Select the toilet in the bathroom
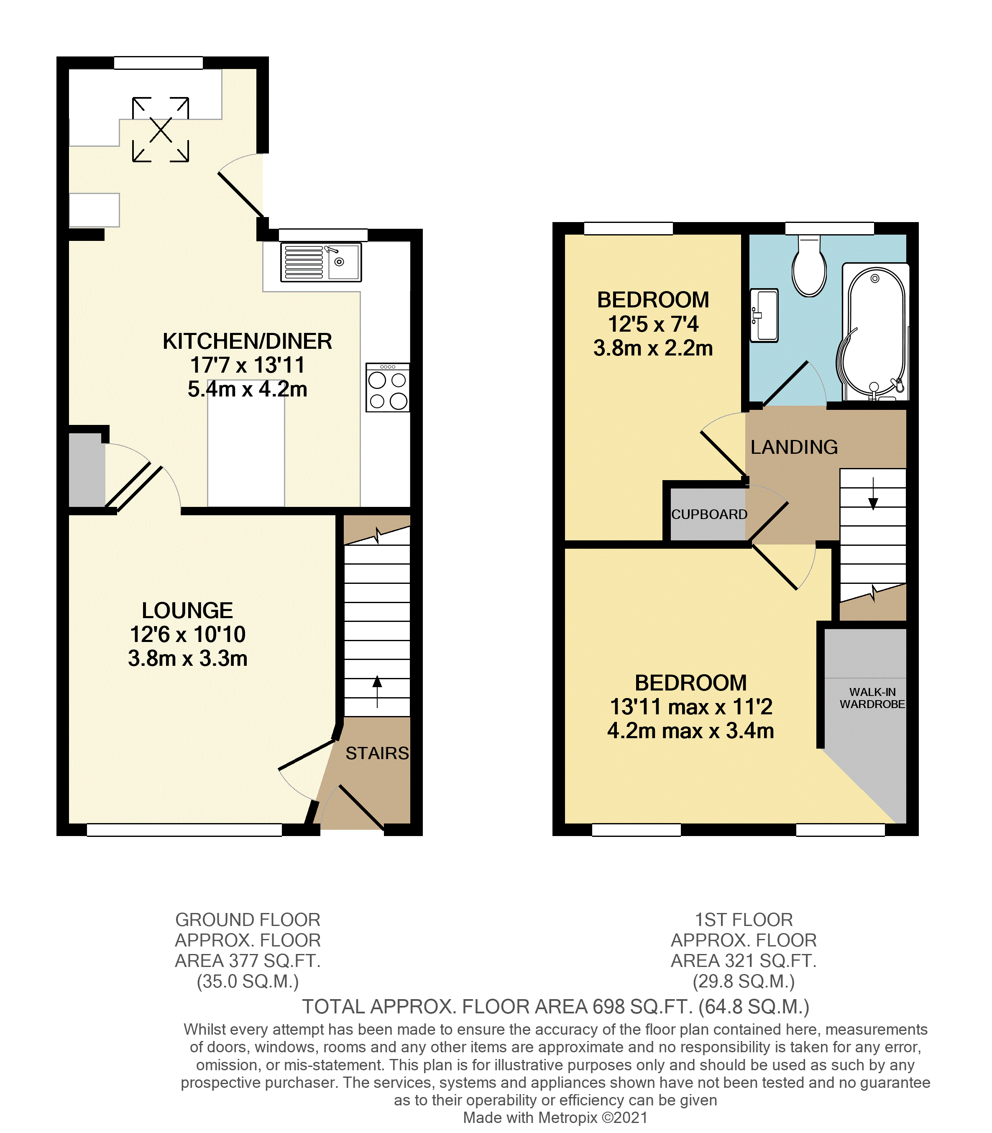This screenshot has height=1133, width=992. (809, 267)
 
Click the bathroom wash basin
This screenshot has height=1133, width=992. (764, 315)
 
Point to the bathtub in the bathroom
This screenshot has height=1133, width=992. (874, 332)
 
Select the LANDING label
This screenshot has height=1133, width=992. (794, 447)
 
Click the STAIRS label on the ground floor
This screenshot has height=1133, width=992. (377, 753)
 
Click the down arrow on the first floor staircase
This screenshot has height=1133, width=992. (873, 494)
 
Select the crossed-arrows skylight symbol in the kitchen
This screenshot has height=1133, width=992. (161, 130)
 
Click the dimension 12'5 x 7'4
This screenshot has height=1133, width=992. (653, 324)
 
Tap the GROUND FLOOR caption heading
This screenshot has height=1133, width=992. (248, 920)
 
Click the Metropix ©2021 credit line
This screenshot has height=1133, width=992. (555, 1118)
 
